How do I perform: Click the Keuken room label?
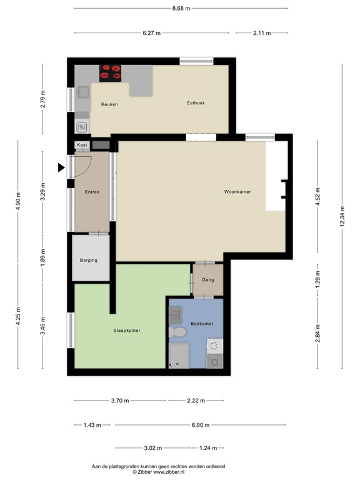109,104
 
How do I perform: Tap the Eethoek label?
196,103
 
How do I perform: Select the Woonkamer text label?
237,192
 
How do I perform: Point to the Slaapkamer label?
127,331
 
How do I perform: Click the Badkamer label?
202,324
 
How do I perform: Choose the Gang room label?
208,280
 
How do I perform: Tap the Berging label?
89,261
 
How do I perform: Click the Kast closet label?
82,145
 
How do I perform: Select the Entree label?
92,192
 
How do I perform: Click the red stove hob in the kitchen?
110,73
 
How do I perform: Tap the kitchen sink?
83,92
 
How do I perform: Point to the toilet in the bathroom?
177,332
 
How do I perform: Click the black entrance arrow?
61,167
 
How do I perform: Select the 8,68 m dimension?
181,8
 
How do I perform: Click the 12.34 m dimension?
342,216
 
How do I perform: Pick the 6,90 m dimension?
201,425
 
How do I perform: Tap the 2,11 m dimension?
262,33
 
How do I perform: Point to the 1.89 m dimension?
43,257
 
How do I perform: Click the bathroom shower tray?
179,356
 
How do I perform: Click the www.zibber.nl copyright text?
159,472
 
